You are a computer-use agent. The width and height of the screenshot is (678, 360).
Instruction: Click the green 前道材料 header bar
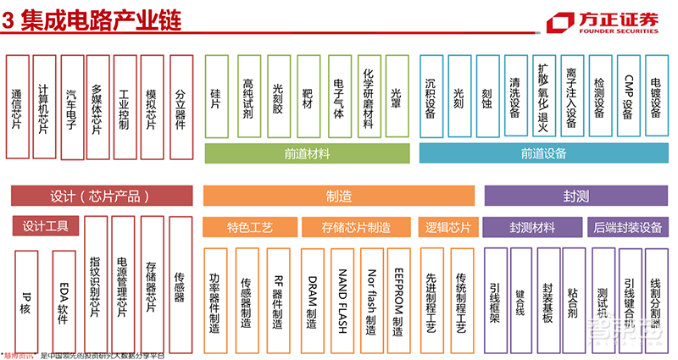[308, 154]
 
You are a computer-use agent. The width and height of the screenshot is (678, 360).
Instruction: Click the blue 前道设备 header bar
[543, 154]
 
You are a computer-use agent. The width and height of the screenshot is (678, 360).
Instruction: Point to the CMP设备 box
[628, 95]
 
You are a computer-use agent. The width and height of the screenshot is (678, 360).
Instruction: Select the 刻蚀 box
[487, 95]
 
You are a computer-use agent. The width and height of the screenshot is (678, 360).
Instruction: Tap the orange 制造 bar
[337, 196]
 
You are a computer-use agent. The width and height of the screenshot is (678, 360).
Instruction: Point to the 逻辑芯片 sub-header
[445, 227]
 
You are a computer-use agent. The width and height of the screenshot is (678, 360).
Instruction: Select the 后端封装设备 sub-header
[628, 227]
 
